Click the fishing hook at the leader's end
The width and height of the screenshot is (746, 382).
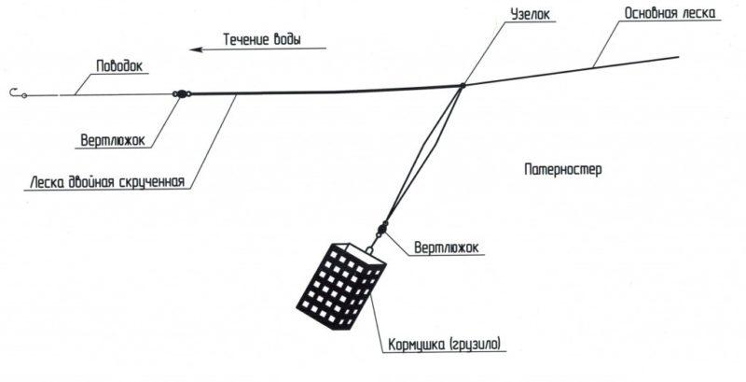15,92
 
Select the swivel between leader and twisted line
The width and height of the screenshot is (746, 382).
181,92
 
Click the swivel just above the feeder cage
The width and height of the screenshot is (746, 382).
381,227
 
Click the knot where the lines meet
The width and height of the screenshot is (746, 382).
462,87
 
